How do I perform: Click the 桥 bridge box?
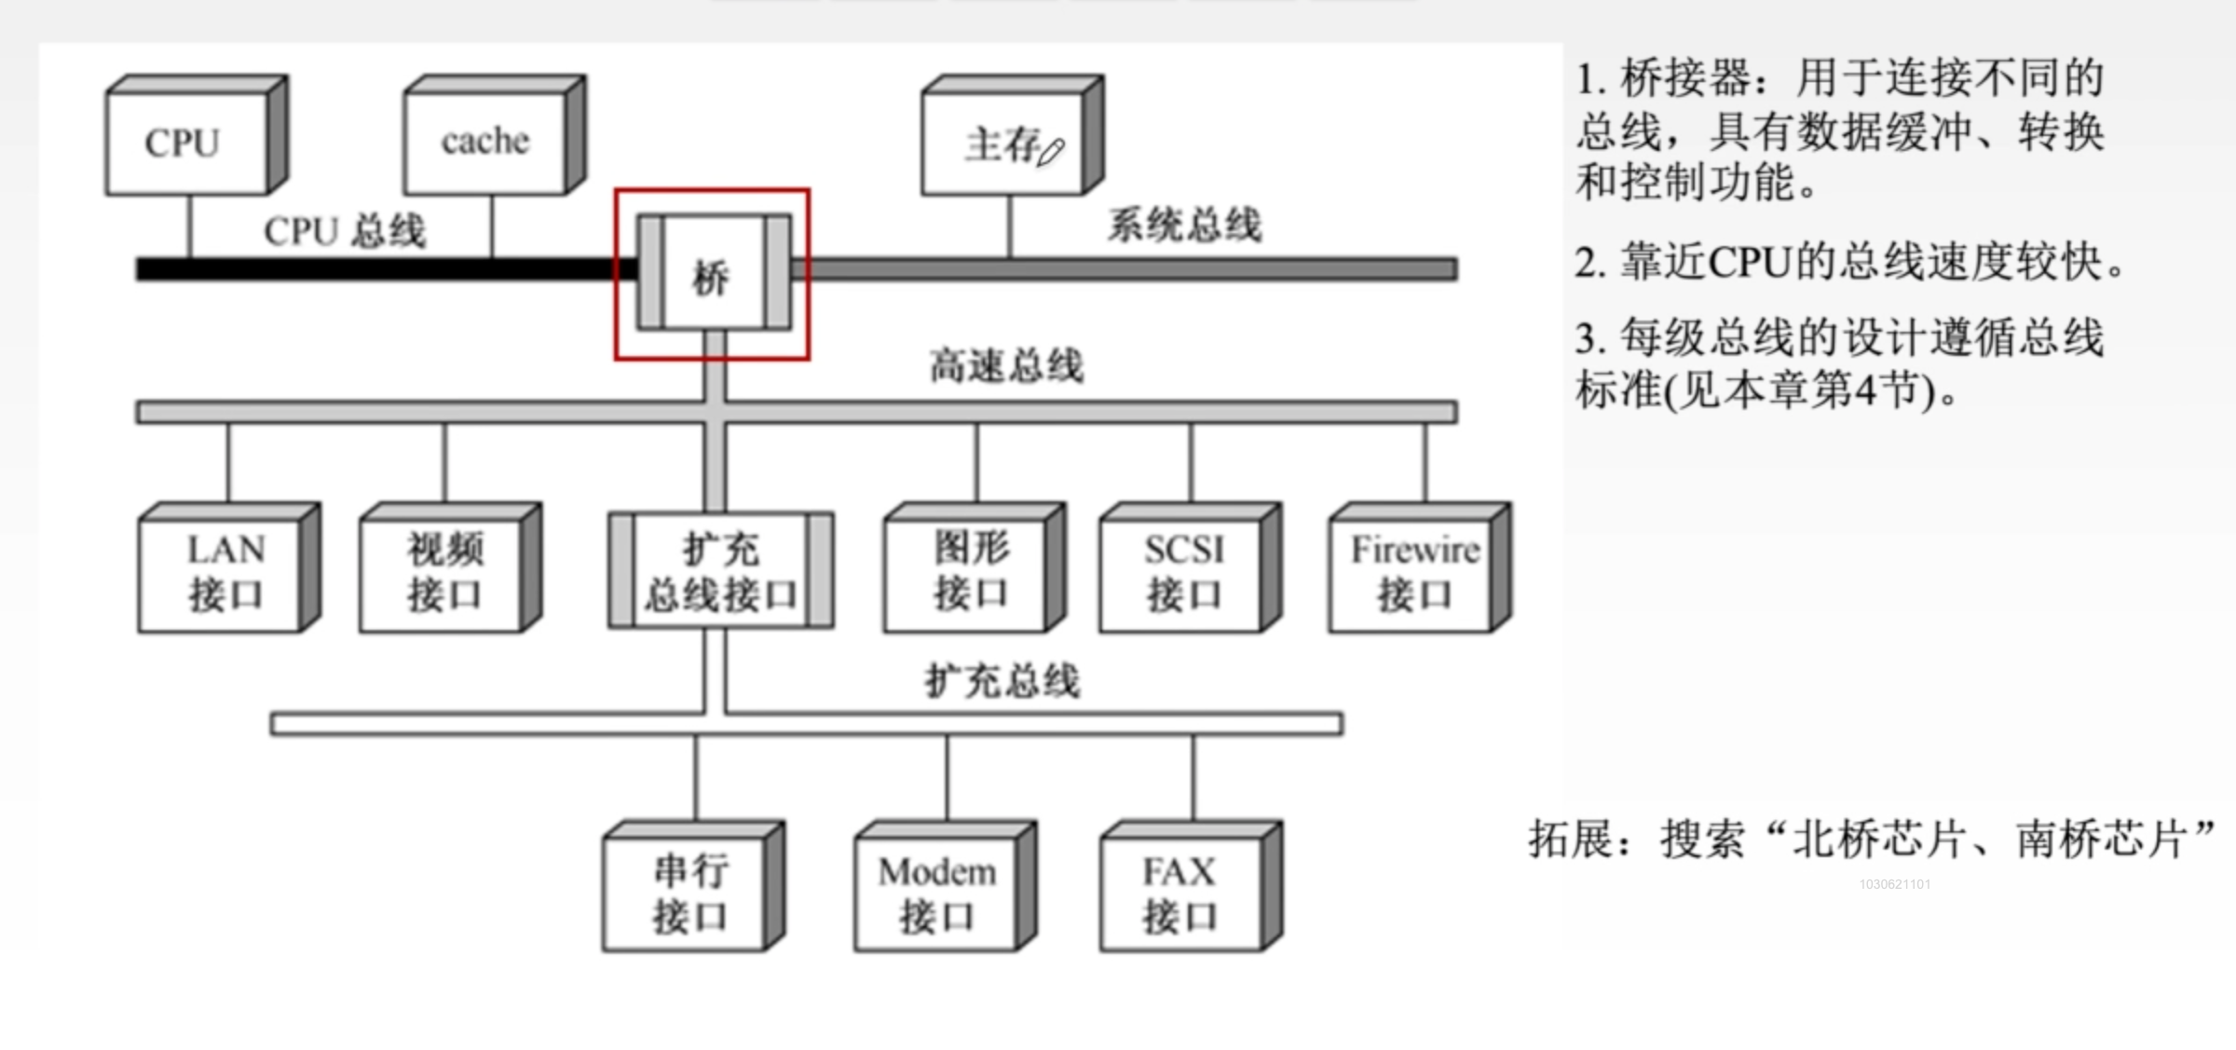pos(713,275)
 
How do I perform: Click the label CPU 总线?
pos(345,231)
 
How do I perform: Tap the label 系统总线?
pos(1184,225)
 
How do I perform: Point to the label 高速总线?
pos(1006,366)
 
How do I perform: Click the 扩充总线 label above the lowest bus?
pos(1002,681)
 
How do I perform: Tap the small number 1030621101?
pos(1895,884)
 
